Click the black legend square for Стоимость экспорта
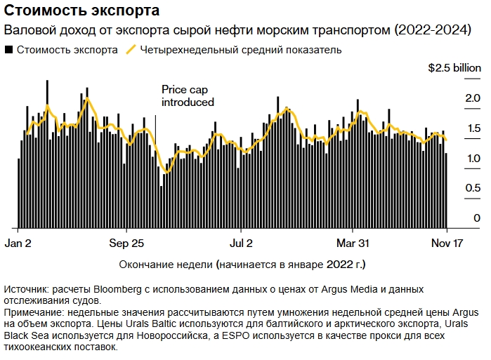coord(8,50)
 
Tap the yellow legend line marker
coord(131,50)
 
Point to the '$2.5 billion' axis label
coord(455,69)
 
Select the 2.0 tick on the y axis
coord(472,99)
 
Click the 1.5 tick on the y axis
coord(472,128)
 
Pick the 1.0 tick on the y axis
coord(472,159)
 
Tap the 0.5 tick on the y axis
coord(472,189)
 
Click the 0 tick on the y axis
coord(476,218)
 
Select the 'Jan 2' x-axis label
coord(18,244)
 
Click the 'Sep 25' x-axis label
coord(127,244)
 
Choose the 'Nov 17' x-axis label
coord(447,244)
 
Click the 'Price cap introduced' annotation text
coord(188,95)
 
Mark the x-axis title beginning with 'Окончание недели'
coord(242,265)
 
